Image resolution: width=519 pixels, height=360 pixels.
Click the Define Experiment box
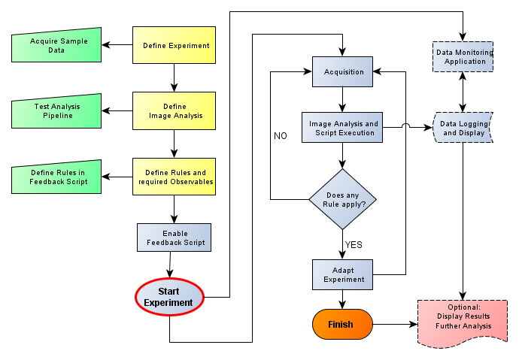pos(175,45)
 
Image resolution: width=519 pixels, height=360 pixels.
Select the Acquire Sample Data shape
pos(57,45)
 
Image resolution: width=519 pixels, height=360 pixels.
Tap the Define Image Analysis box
pos(175,111)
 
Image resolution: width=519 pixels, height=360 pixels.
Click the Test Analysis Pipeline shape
pos(57,112)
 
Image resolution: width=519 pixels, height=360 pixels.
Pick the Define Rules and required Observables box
pos(175,177)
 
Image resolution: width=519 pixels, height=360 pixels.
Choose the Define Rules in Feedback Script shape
pos(57,177)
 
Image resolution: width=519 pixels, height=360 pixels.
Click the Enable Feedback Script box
pos(175,237)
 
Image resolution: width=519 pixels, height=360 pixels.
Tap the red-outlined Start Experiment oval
pos(169,297)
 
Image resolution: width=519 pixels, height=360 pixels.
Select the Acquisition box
pos(343,72)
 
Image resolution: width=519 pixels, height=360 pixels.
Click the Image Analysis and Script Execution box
pos(343,128)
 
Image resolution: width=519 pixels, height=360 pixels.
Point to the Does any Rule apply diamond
pos(343,199)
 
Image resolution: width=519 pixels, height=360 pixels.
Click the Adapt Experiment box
pos(343,274)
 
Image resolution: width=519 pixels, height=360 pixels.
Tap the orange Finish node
pos(343,324)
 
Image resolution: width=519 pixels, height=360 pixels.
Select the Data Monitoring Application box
pos(464,57)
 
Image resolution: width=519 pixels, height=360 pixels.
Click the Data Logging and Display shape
pos(464,129)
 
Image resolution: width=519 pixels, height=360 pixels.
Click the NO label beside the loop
pos(281,136)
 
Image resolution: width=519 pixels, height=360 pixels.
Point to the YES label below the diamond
pos(354,244)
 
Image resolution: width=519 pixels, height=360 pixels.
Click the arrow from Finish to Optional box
pos(395,325)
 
